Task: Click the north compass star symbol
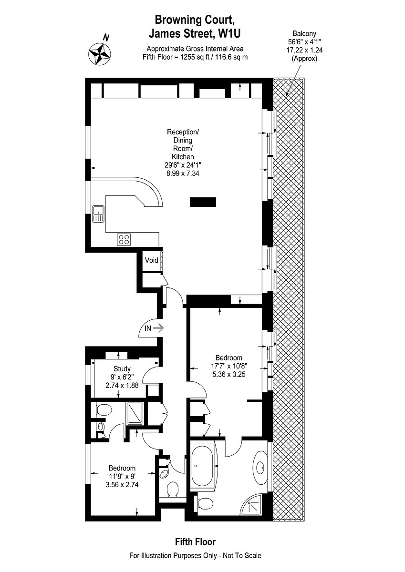[100, 53]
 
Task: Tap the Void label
[152, 260]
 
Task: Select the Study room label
[122, 368]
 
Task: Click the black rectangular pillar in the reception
[203, 202]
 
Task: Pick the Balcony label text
[304, 33]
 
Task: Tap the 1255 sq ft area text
[195, 57]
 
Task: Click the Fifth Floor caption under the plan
[195, 542]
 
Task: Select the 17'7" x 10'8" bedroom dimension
[228, 366]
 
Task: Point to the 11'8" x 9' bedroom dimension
[122, 476]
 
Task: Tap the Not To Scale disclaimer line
[195, 556]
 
